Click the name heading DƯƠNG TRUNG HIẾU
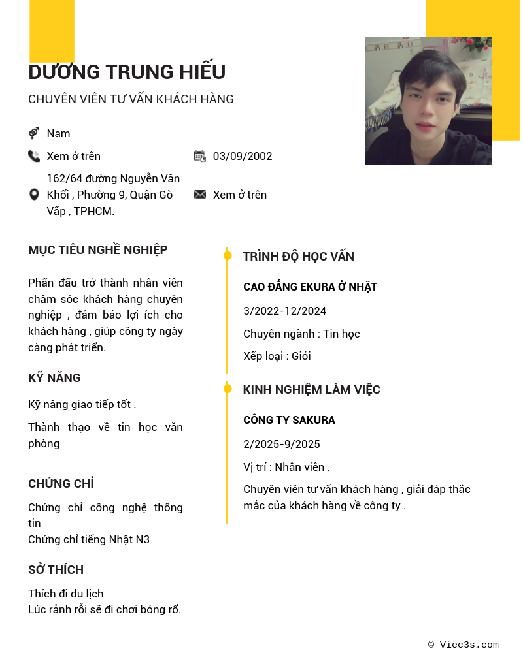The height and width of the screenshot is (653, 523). point(127,72)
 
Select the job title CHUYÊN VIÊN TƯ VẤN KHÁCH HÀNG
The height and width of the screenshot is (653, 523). point(131,99)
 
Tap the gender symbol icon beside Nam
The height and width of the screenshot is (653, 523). point(34,133)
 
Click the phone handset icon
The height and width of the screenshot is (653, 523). point(34,156)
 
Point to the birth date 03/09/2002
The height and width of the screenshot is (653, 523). point(243,156)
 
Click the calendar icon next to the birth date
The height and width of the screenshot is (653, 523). point(200,156)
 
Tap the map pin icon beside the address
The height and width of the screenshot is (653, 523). point(34,195)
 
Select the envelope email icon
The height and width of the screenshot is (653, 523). point(200,195)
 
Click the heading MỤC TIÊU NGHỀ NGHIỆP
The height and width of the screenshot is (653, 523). point(98,250)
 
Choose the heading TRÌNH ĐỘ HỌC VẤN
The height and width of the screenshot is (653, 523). point(299,257)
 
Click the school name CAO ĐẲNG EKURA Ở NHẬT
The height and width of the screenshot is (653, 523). point(310,287)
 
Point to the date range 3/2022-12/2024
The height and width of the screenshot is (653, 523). point(284,311)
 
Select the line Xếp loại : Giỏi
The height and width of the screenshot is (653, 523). point(277,356)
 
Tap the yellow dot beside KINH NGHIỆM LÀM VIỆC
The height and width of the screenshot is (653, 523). point(228,389)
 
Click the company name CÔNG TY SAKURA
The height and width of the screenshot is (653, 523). point(289,420)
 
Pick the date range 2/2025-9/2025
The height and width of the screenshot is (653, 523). point(282,444)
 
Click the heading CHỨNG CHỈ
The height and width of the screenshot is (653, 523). point(61,484)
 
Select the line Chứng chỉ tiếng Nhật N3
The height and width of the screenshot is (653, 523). point(89,539)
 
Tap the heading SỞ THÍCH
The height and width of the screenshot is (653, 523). point(56,570)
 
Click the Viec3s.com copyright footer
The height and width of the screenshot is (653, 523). point(464,645)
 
